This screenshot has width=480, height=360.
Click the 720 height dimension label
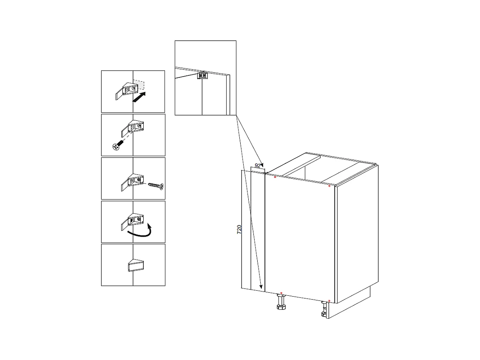coord(239,229)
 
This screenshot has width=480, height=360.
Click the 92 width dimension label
coord(258,166)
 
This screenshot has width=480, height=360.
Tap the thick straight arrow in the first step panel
coord(139,97)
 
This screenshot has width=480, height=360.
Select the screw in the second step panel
coord(118,145)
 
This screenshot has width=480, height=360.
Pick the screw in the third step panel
coord(156,186)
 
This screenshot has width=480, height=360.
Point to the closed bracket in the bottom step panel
coord(136,266)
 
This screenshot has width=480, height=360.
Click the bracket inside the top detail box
coord(202,75)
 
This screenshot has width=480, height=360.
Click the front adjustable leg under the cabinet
coord(281,301)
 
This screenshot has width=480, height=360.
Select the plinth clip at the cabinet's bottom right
coord(324,309)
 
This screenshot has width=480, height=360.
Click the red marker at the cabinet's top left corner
coord(275,177)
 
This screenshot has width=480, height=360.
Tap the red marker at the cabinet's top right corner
coord(329,186)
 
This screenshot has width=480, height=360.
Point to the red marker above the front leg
coord(281,293)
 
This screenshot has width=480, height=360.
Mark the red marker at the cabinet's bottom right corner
coord(329,301)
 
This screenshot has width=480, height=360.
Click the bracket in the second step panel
coord(133,128)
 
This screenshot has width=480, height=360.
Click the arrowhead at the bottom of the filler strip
coord(261,287)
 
